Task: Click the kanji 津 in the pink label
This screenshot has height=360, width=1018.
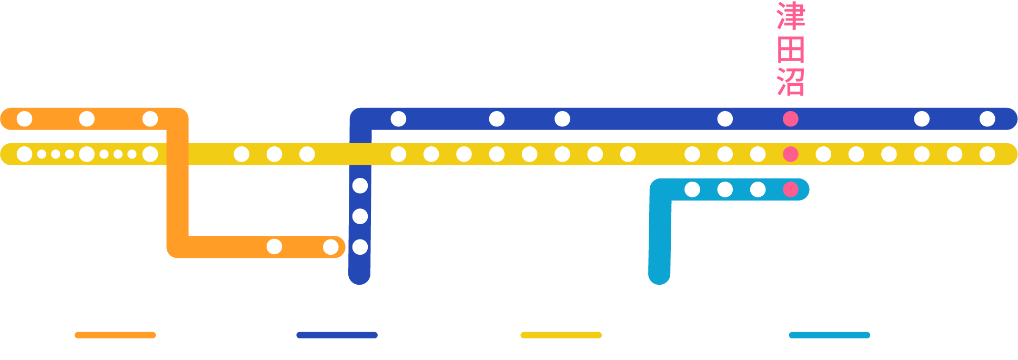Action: (790, 16)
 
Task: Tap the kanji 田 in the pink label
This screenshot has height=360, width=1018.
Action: (790, 49)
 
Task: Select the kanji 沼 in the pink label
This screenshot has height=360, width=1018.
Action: (790, 82)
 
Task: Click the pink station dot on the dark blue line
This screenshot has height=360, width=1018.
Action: (790, 119)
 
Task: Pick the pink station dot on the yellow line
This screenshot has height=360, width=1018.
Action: (790, 154)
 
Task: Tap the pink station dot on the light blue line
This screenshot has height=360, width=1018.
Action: (790, 189)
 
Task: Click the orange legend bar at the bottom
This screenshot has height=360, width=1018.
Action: (115, 335)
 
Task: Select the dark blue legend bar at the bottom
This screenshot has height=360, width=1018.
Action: (337, 335)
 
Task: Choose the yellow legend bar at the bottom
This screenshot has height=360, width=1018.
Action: (561, 335)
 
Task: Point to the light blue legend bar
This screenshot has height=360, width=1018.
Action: (829, 335)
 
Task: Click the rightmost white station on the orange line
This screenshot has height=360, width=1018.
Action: (330, 247)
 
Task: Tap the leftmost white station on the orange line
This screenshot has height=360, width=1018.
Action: (25, 119)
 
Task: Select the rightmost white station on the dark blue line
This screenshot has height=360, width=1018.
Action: (987, 119)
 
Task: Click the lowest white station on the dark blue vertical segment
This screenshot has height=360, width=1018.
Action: (360, 247)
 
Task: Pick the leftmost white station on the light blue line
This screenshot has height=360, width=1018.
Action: (692, 189)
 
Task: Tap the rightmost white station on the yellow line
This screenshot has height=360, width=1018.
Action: (987, 154)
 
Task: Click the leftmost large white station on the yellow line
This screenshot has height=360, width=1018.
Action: (25, 154)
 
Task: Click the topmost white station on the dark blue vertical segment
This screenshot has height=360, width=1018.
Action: (360, 185)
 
